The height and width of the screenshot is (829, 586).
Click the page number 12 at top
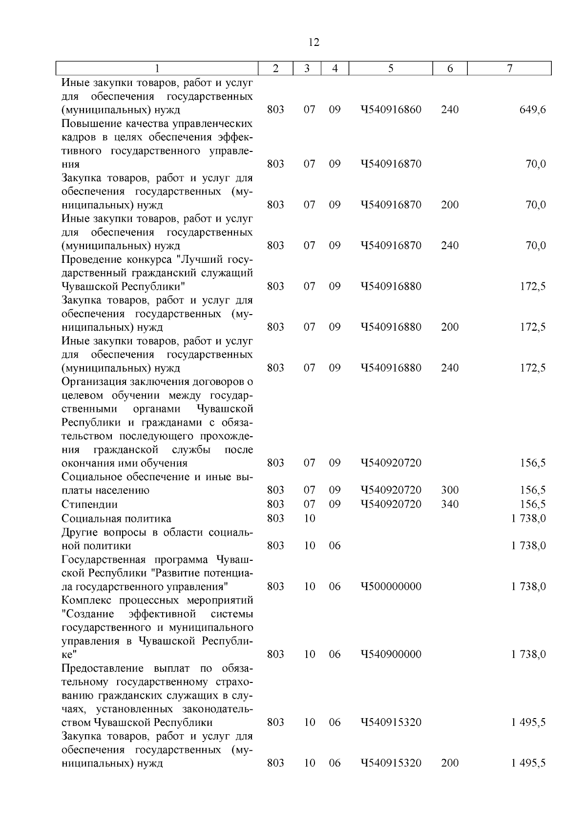click(x=314, y=43)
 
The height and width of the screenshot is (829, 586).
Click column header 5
click(x=391, y=69)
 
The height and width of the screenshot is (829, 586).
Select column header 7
click(x=509, y=69)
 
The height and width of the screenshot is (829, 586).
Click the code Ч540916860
click(x=391, y=109)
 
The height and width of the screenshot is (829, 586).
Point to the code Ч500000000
click(x=391, y=586)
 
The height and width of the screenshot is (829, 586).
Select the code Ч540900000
click(x=391, y=654)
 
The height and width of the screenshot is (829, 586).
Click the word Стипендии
click(x=89, y=504)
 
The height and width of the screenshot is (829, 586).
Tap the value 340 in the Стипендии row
click(x=450, y=504)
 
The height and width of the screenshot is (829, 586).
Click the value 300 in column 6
click(x=450, y=490)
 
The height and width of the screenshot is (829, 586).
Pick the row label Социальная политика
click(x=116, y=518)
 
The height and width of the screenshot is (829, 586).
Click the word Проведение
click(x=91, y=259)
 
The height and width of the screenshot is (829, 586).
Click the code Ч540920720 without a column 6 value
click(x=391, y=463)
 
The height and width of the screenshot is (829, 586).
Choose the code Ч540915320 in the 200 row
click(x=391, y=763)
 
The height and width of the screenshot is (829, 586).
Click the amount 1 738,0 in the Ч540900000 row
click(x=528, y=654)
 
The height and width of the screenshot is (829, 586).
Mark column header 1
click(x=157, y=69)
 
